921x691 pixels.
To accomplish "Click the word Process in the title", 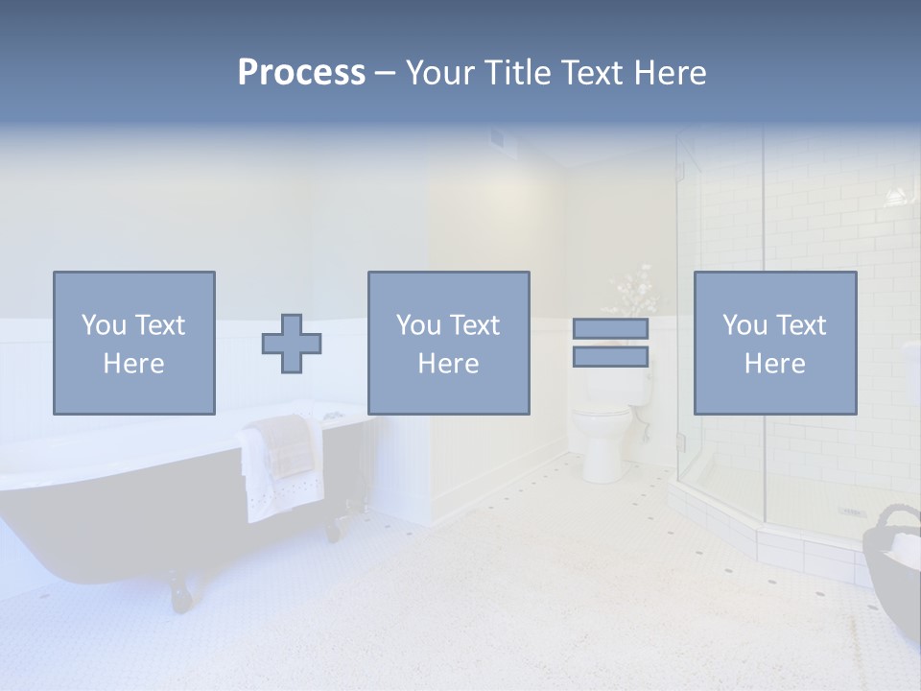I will [x=301, y=72].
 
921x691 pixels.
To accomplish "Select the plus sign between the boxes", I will [x=292, y=344].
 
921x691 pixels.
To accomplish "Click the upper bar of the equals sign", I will [x=610, y=328].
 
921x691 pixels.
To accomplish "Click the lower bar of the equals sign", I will [x=610, y=356].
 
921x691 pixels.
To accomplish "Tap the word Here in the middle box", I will [x=449, y=364].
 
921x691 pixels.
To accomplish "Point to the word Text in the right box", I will [x=802, y=325].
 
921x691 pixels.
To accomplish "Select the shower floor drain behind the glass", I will [x=852, y=512].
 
